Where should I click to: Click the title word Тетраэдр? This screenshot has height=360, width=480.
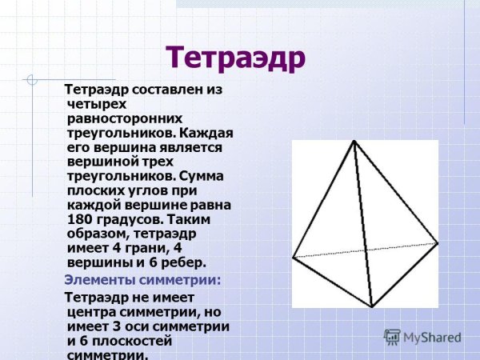click(x=235, y=58)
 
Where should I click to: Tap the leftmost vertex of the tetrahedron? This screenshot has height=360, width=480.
click(x=294, y=257)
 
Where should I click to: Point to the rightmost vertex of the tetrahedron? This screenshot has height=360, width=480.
click(x=438, y=242)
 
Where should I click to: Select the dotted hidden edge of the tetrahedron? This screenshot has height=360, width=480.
click(x=365, y=249)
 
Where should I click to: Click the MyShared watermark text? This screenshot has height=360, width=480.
click(x=432, y=338)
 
